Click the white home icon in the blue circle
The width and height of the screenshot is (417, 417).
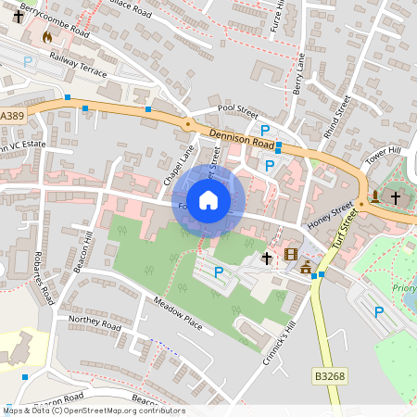pos(208,199)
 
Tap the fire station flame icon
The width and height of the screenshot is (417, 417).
pos(47,37)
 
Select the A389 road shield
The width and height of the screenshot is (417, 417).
pos(12,115)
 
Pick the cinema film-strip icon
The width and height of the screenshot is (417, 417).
pos(292,255)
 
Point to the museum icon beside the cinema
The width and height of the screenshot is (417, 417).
pos(306,269)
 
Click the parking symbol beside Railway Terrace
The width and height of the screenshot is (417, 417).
pos(28,61)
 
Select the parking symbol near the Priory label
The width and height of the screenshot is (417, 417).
pos(378,313)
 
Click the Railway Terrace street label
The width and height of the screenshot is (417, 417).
pos(79,66)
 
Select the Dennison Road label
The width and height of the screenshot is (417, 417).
pos(242,139)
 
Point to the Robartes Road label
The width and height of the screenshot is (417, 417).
pos(40,279)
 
